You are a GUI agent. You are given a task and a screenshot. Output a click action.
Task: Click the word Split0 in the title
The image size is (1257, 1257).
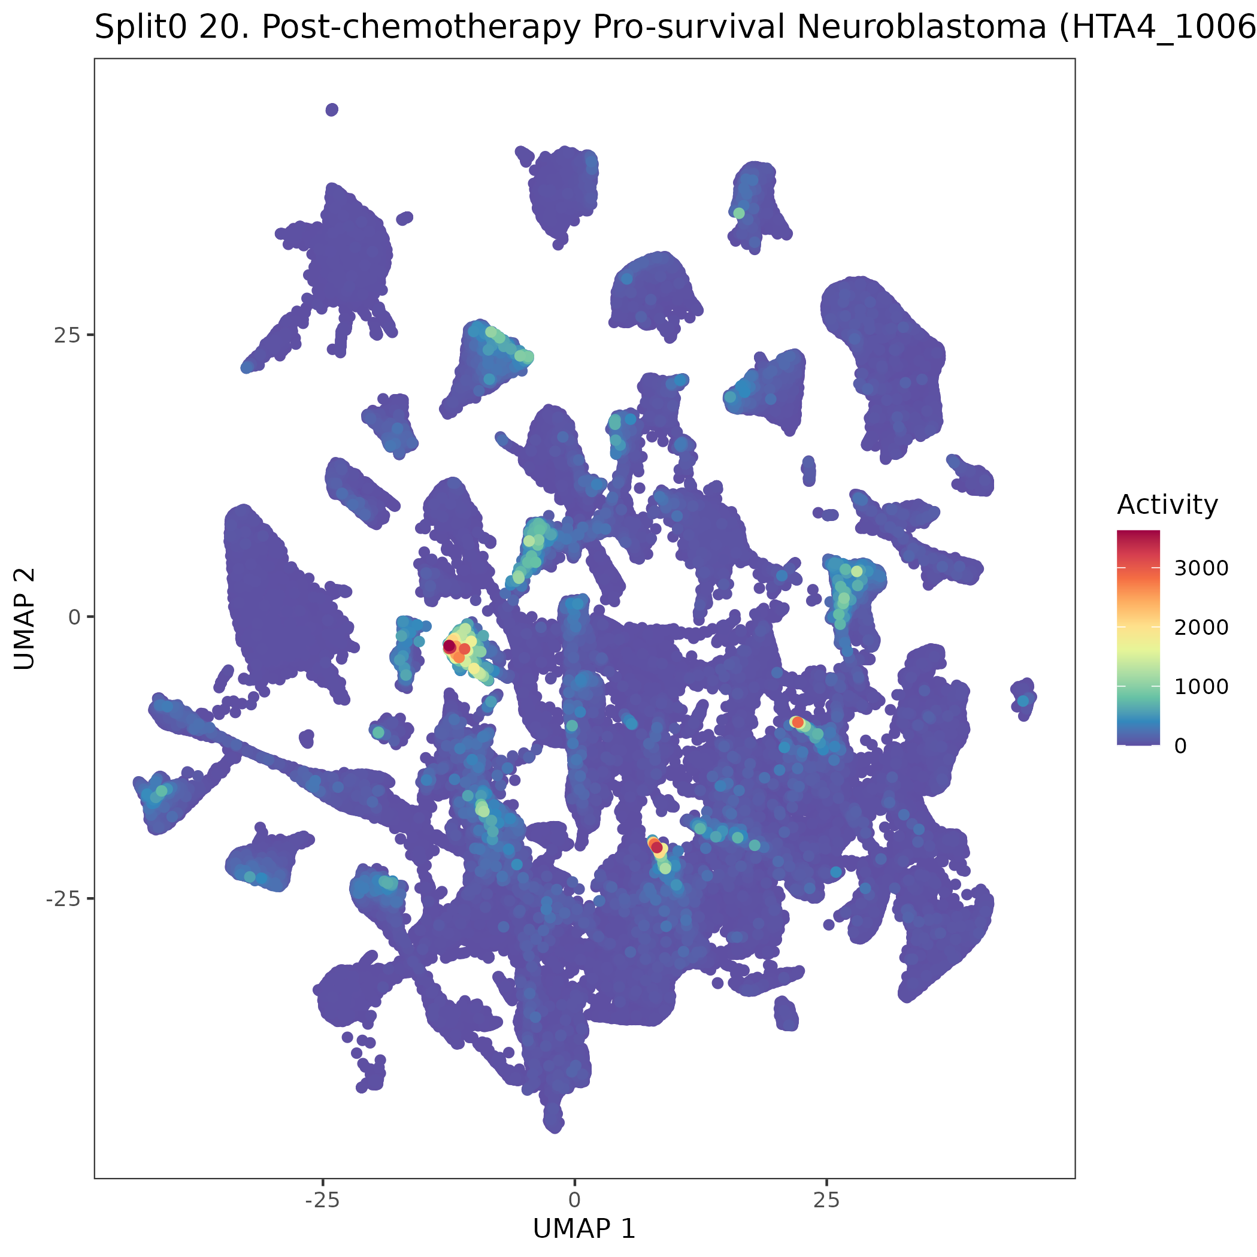(x=143, y=28)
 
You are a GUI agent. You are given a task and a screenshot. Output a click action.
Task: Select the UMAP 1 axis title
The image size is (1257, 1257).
(x=584, y=1228)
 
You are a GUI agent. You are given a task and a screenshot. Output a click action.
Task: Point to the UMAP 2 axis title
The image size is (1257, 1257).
(x=25, y=618)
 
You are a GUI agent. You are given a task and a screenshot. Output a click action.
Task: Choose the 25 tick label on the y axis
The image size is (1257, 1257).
(x=67, y=335)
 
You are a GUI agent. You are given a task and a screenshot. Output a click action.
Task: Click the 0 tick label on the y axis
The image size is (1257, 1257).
(x=74, y=617)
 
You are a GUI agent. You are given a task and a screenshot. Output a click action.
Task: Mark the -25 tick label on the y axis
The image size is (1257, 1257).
(x=63, y=898)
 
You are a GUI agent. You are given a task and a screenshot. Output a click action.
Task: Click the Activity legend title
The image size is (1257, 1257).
(x=1167, y=505)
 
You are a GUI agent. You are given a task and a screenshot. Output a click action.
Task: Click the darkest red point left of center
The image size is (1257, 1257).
(x=449, y=646)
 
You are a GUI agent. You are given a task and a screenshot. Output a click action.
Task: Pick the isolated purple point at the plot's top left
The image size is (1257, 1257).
(x=332, y=110)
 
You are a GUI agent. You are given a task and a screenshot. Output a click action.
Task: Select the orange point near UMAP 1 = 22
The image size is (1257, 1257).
(x=797, y=722)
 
